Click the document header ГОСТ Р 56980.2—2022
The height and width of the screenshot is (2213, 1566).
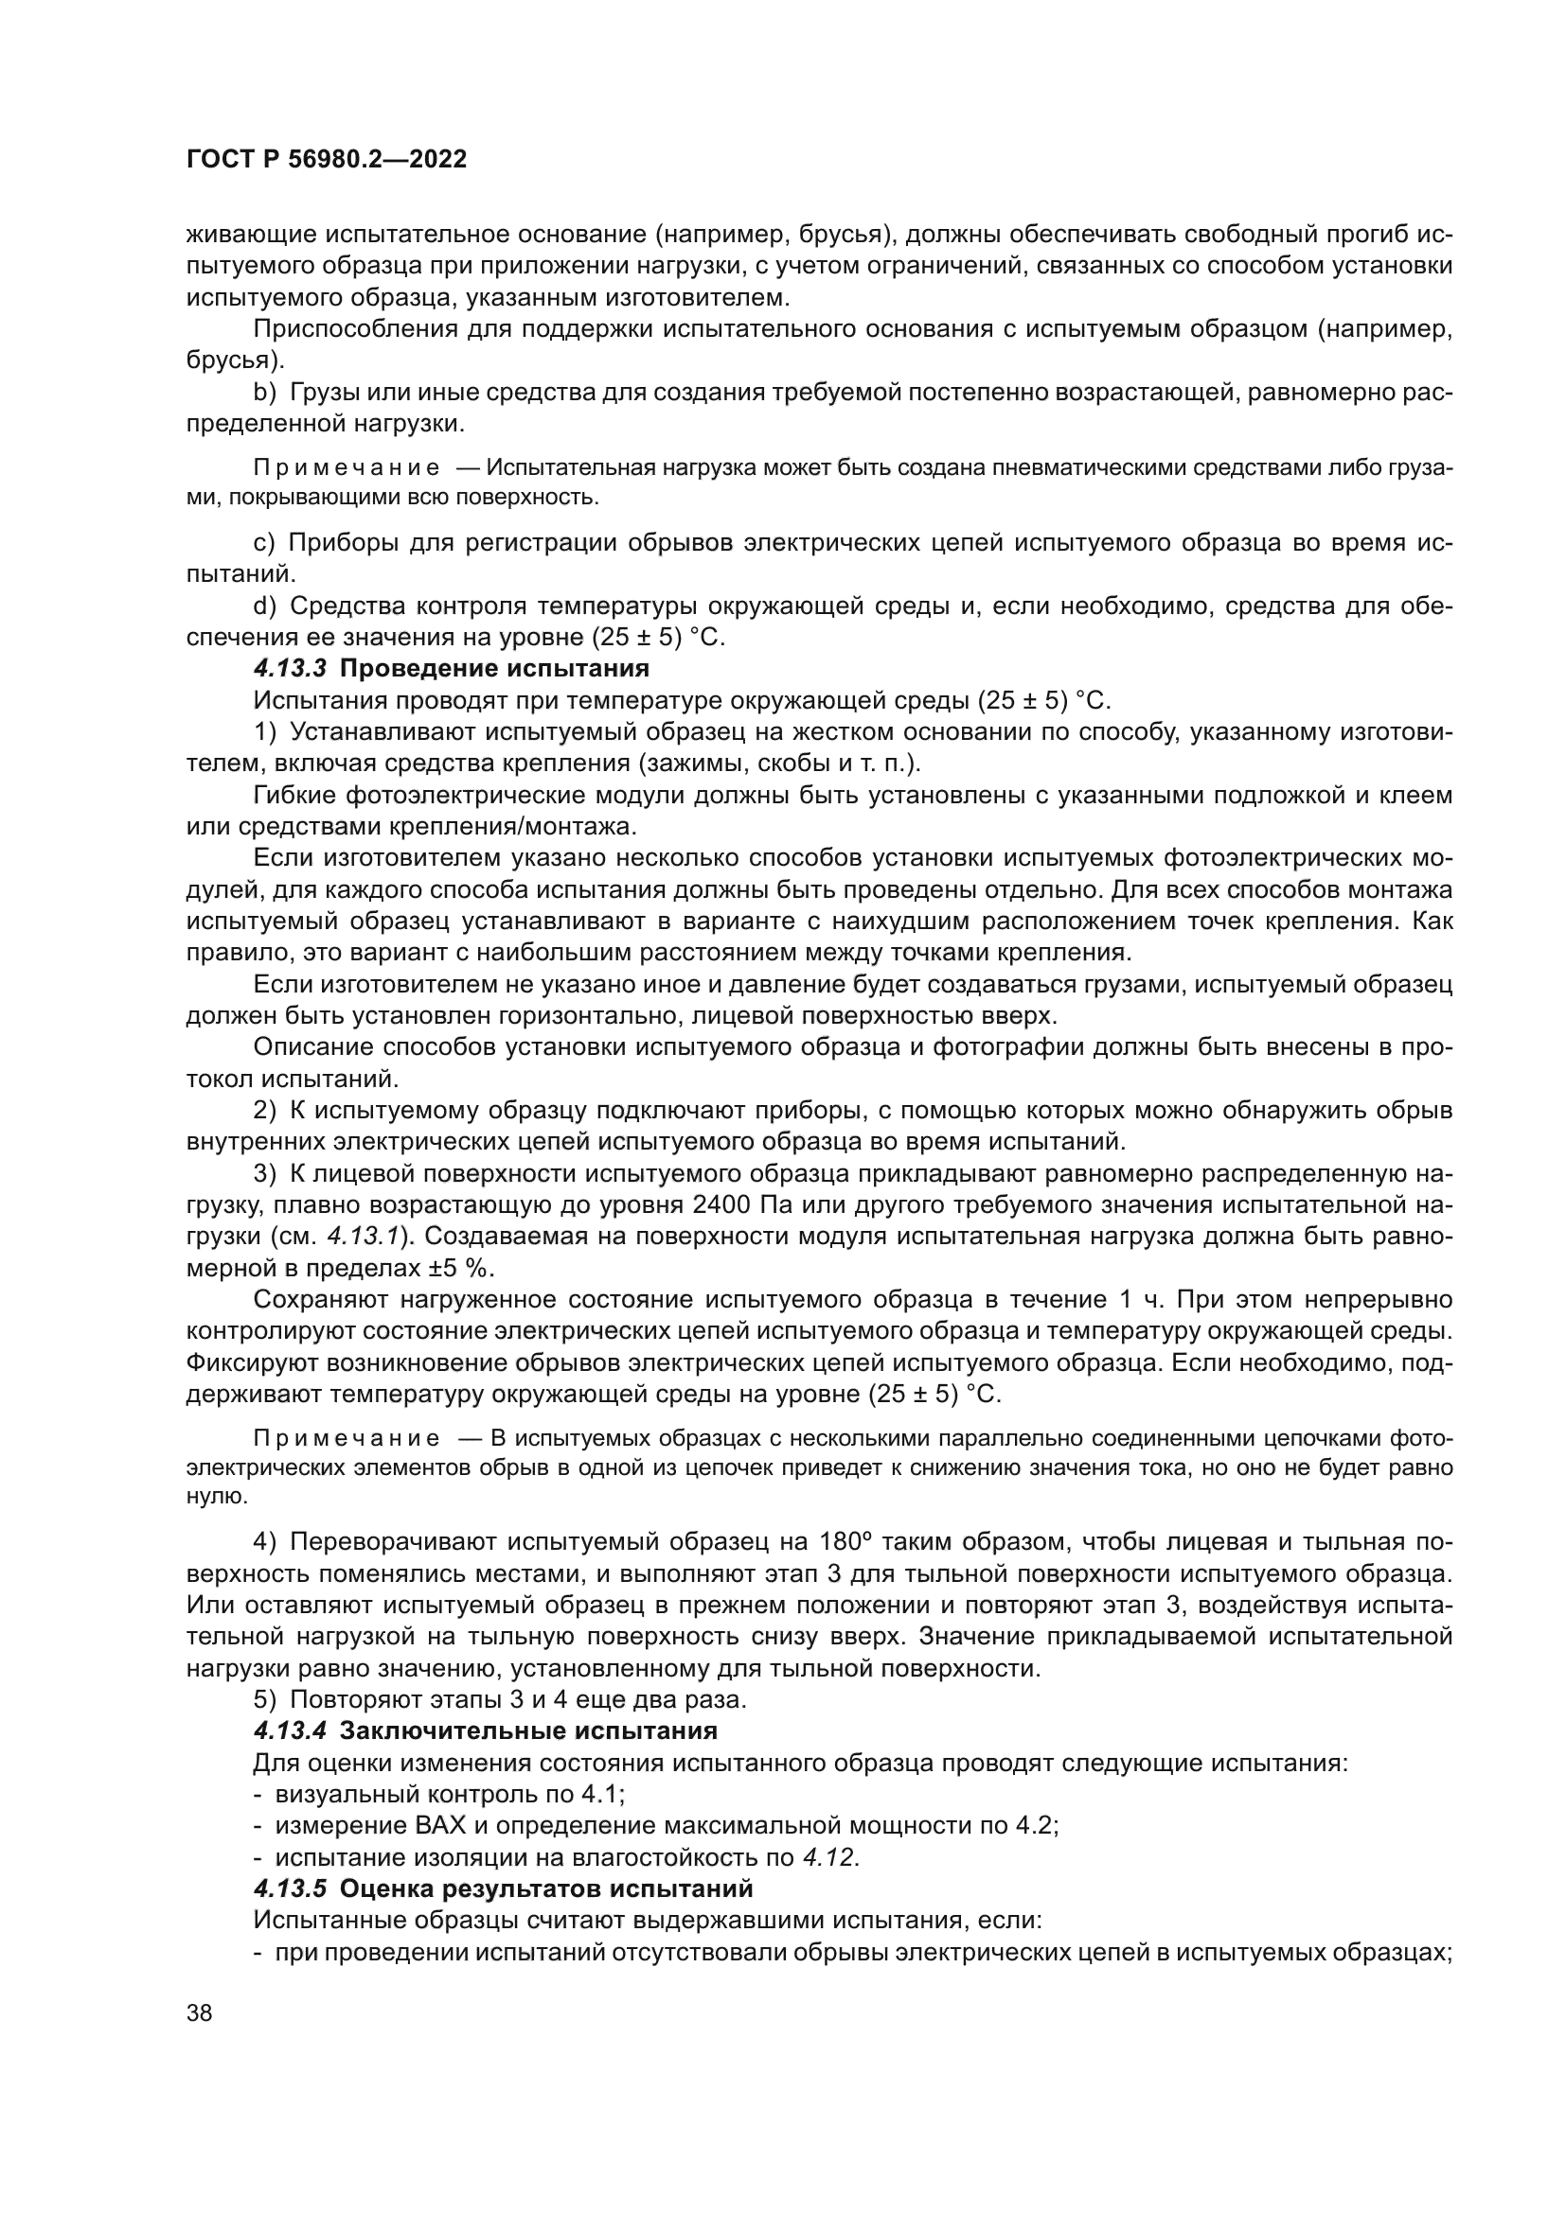coord(326,159)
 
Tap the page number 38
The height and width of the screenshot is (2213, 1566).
coord(200,2012)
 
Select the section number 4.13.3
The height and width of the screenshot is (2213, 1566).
coord(291,668)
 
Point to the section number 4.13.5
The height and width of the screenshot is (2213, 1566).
coord(291,1888)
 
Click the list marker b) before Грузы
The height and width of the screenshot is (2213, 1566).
coord(264,393)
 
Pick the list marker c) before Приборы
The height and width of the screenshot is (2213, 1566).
coord(264,543)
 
